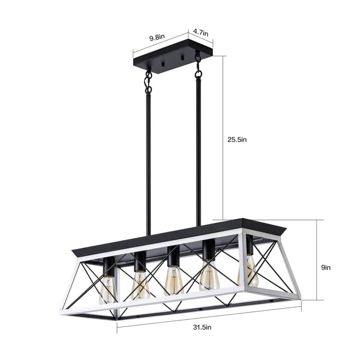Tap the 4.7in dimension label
click(201, 32)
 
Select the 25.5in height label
click(237, 140)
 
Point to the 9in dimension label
click(325, 267)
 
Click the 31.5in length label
click(202, 327)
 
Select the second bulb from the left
click(140, 286)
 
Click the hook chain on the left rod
click(148, 81)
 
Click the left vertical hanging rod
click(148, 162)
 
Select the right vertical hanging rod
click(198, 151)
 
